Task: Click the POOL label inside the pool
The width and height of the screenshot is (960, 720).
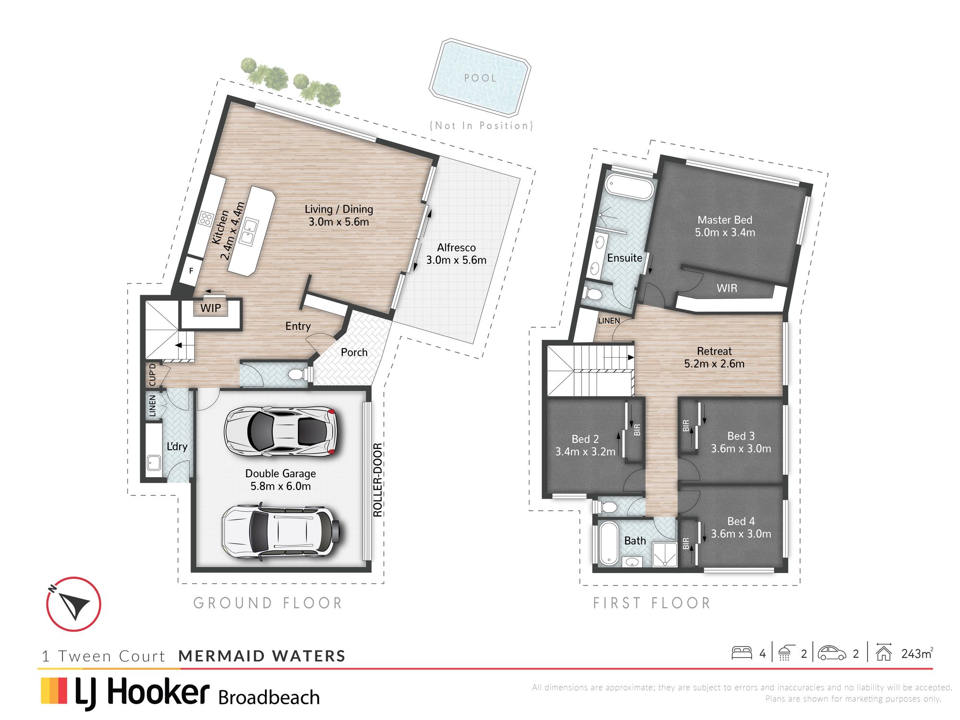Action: tap(480, 78)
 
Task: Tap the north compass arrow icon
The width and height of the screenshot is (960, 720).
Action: tap(73, 604)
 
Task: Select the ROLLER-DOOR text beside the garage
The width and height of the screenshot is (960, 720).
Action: tap(378, 480)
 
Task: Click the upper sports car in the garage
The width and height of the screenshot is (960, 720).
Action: tap(280, 431)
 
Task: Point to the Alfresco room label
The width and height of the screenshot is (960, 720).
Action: tap(456, 248)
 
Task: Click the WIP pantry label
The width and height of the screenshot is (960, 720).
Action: tap(211, 308)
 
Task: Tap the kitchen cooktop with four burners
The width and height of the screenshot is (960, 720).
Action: tap(206, 219)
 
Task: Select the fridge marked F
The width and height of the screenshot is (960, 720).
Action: tap(191, 271)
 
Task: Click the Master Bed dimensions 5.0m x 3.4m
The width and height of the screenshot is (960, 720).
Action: tap(725, 232)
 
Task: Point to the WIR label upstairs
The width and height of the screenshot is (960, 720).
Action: tap(727, 288)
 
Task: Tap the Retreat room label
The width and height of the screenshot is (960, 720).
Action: tap(714, 351)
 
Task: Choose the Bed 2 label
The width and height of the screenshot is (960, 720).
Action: tap(585, 439)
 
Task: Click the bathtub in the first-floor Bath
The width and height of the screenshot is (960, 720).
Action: tap(609, 543)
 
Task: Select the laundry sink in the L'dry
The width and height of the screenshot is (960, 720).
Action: tap(154, 463)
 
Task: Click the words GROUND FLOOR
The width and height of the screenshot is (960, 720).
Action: tap(268, 603)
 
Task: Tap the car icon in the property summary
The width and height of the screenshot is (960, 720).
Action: tap(832, 653)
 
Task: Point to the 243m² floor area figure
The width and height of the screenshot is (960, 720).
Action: tap(917, 653)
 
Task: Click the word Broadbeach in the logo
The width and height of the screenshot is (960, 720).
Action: tap(269, 697)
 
